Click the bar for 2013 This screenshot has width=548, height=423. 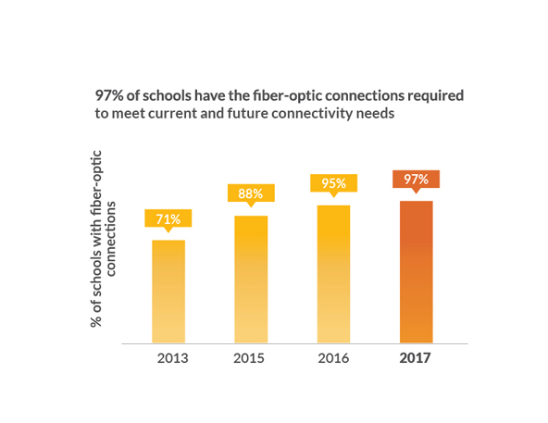pyautogui.click(x=168, y=292)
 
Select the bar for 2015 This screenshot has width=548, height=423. pyautogui.click(x=251, y=280)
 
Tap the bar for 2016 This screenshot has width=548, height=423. pyautogui.click(x=334, y=274)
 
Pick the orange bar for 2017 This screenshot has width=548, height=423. pyautogui.click(x=417, y=272)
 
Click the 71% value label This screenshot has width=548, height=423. pyautogui.click(x=168, y=220)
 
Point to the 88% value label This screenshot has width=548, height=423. pyautogui.click(x=251, y=194)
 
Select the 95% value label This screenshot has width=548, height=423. pyautogui.click(x=334, y=184)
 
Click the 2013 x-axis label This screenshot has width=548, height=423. pyautogui.click(x=173, y=358)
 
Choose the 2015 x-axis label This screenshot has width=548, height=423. pyautogui.click(x=249, y=358)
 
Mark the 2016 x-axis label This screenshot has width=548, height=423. pyautogui.click(x=333, y=358)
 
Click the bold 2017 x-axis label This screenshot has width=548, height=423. pyautogui.click(x=416, y=358)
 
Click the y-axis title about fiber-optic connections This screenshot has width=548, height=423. pyautogui.click(x=103, y=239)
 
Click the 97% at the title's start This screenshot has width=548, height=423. pyautogui.click(x=109, y=95)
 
